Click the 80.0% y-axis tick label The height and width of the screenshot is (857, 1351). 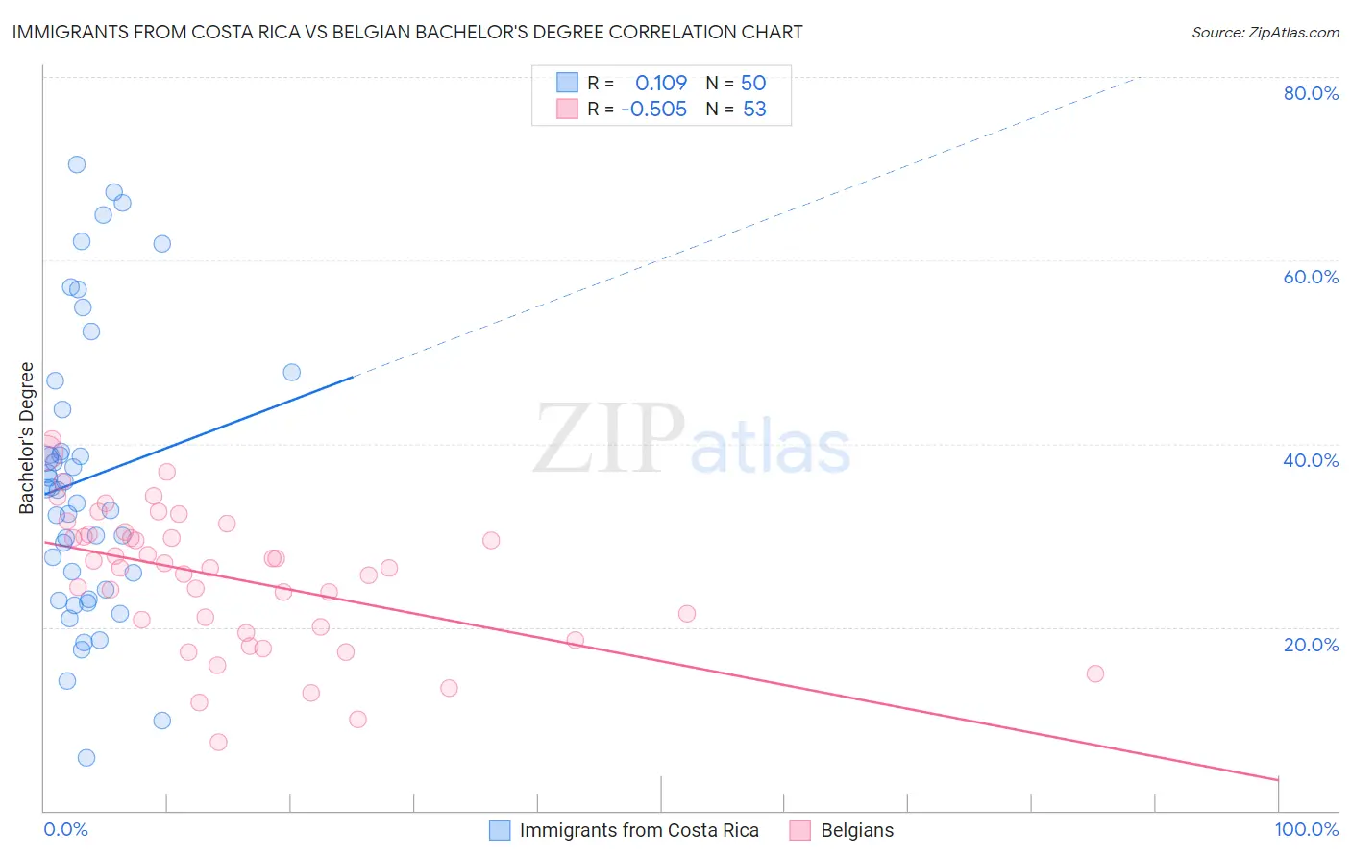click(1311, 93)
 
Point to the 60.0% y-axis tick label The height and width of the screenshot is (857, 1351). click(1311, 277)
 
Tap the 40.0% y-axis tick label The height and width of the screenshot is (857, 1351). click(1311, 460)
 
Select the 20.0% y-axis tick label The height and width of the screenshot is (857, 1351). click(1311, 645)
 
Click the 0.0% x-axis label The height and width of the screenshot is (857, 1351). click(65, 830)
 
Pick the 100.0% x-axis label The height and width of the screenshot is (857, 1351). click(1307, 830)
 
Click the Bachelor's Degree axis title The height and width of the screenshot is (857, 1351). click(27, 438)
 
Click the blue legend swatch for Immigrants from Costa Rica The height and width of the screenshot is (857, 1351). click(500, 830)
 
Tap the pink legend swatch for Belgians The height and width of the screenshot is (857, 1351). click(800, 830)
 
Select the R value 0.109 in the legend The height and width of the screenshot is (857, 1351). click(661, 84)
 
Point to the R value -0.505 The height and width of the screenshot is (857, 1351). click(653, 110)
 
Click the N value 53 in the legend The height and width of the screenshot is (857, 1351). click(754, 110)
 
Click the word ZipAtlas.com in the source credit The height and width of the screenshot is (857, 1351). click(1293, 33)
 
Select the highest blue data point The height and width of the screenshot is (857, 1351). click(77, 164)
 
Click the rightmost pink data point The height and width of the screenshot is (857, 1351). click(1095, 673)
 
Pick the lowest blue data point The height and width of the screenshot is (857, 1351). click(86, 758)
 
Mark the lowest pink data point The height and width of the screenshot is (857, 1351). click(218, 743)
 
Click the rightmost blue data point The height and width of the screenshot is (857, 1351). click(292, 372)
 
